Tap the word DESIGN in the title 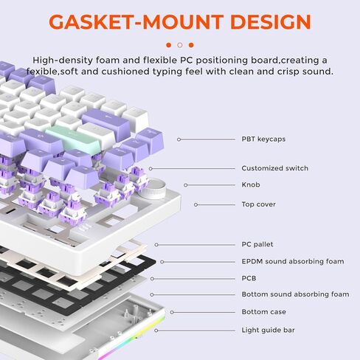coord(271,22)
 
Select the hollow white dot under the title coord(180,45)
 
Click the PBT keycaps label coord(263,139)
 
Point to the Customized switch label coord(274,168)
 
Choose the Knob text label coord(251,184)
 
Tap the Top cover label coord(258,204)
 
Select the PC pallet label coord(257,244)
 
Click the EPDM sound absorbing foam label coord(293,261)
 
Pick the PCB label coord(249,278)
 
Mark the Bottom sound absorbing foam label coord(295,294)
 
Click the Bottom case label coord(263,312)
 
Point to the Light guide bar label coord(268,330)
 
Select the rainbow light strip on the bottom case coord(133,339)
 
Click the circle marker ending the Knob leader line coord(186,185)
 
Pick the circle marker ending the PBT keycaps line coord(179,139)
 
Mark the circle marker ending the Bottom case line coord(172,312)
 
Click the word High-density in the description coord(63,60)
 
